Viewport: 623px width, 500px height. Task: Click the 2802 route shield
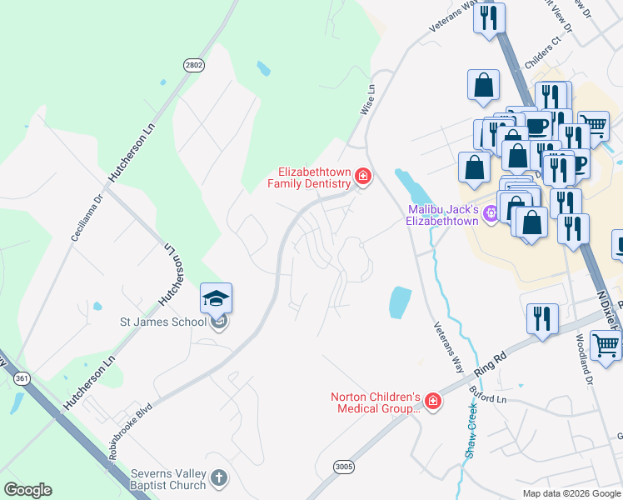point(194,65)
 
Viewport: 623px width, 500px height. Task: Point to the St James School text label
point(164,322)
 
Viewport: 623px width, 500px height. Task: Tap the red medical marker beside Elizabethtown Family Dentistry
point(363,176)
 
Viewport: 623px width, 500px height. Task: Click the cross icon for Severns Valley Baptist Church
point(218,478)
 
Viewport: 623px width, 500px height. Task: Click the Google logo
point(27,490)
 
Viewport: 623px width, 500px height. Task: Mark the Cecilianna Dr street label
point(87,215)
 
